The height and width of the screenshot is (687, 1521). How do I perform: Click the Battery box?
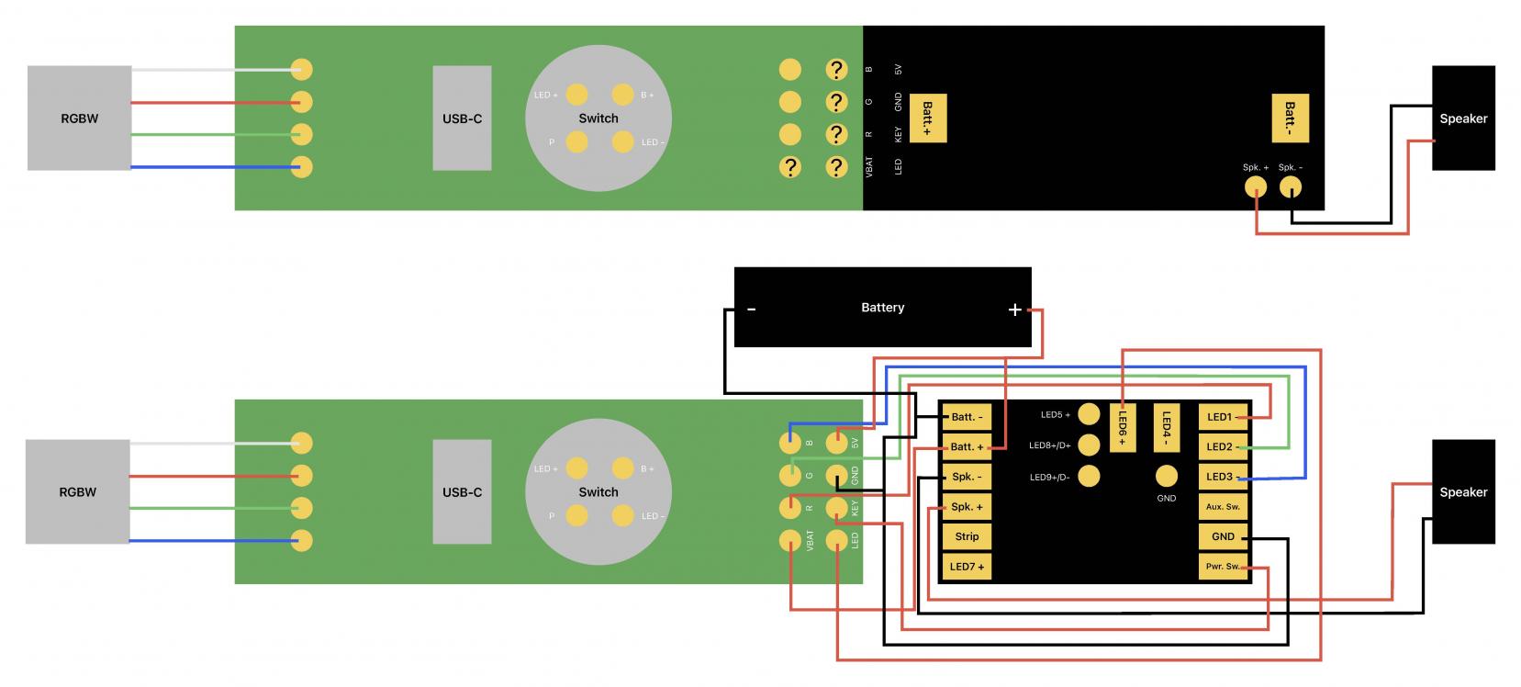[x=881, y=307]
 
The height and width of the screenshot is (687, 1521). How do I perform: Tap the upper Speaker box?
[x=1462, y=118]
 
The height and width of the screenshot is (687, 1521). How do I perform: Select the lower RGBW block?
[x=77, y=491]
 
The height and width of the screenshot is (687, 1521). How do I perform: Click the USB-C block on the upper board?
[x=462, y=118]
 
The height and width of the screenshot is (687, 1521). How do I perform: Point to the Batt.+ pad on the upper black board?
[x=927, y=118]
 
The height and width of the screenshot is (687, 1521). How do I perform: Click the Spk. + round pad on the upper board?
[x=1255, y=186]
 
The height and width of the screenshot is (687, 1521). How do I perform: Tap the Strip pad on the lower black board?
[x=967, y=536]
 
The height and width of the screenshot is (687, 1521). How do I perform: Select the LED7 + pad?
[x=967, y=567]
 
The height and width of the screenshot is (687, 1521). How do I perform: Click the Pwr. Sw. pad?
[x=1223, y=567]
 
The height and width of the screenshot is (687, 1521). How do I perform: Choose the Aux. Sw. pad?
[x=1223, y=507]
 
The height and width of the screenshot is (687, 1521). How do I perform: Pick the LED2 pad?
[x=1223, y=447]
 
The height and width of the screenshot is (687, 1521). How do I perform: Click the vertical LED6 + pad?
[x=1122, y=427]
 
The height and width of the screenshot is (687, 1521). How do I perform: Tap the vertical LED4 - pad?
[x=1166, y=427]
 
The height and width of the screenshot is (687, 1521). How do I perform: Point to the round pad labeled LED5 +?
[x=1089, y=414]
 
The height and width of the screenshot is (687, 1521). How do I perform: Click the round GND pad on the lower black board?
[x=1166, y=476]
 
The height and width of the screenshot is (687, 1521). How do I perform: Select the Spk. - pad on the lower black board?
[x=967, y=477]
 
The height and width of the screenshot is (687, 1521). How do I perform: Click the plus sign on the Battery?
[x=1014, y=310]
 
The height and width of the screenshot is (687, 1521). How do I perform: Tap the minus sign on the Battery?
[x=751, y=310]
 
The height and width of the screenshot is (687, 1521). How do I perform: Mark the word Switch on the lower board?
[x=598, y=491]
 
